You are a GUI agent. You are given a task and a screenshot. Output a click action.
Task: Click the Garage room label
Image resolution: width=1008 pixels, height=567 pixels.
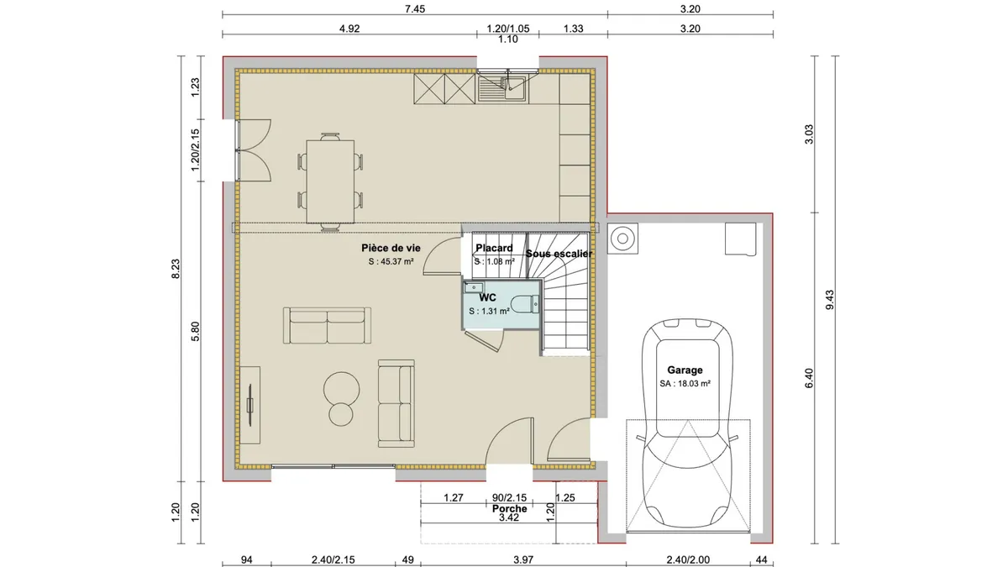685,370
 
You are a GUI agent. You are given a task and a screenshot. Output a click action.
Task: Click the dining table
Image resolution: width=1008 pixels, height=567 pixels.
330,181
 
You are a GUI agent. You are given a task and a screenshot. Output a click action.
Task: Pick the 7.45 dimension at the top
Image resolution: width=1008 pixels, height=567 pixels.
414,9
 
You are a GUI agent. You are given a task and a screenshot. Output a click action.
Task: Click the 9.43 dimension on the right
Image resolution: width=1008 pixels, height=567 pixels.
830,300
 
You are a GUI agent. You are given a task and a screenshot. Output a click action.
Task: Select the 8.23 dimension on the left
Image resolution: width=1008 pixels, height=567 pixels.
176,269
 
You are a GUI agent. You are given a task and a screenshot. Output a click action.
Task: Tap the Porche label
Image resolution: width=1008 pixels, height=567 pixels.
509,508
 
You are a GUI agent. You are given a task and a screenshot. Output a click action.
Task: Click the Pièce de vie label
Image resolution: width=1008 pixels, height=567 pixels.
391,248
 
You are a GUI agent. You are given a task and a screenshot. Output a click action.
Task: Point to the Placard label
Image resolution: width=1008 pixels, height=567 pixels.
494,248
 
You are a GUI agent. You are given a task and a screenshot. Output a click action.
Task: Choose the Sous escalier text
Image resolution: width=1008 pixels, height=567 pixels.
559,254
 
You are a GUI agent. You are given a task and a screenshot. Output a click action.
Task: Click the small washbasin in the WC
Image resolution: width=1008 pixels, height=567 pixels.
474,287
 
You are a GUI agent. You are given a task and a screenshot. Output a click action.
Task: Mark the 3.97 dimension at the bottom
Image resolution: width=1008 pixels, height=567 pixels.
522,560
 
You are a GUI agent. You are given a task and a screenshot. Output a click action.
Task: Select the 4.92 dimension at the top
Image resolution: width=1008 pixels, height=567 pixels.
349,29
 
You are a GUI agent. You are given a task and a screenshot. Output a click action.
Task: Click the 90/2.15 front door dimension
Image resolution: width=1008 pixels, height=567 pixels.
509,497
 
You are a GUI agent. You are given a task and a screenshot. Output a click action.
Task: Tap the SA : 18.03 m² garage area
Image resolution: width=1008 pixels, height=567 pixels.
685,384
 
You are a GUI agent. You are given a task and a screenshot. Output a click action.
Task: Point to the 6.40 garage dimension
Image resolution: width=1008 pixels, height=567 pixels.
809,378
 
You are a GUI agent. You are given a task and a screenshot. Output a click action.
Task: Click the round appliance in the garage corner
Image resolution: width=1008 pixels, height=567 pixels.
622,239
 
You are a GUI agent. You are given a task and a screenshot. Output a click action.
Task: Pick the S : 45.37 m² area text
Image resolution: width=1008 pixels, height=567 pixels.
391,261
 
